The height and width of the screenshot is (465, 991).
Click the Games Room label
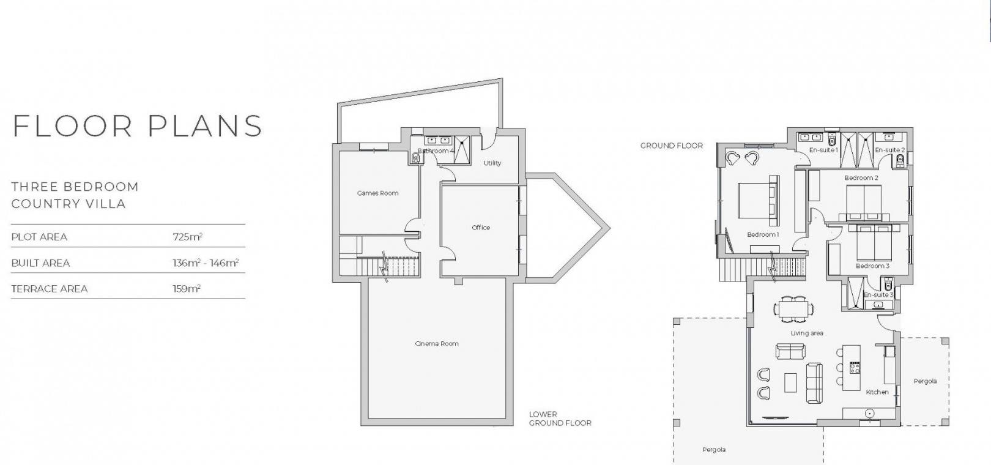[377, 193]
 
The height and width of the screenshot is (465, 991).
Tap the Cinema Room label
[437, 343]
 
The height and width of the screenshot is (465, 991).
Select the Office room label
[481, 228]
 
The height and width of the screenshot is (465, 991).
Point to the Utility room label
[492, 163]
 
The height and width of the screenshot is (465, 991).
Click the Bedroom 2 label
[861, 178]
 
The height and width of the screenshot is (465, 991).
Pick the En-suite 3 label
[878, 295]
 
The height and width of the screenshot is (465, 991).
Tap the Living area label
[807, 333]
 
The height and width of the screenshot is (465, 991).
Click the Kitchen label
[877, 392]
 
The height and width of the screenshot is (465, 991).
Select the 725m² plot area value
[188, 237]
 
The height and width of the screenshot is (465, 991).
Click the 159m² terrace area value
[187, 288]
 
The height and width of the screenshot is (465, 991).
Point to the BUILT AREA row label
[41, 263]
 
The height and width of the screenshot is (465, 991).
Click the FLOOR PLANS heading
[138, 125]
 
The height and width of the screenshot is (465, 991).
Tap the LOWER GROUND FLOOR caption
[560, 418]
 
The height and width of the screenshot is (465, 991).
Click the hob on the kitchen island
[855, 368]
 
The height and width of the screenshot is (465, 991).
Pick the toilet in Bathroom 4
[415, 157]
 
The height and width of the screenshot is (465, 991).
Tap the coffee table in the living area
[790, 382]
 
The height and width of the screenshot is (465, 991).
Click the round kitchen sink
[870, 413]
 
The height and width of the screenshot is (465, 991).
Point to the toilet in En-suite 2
[900, 160]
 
